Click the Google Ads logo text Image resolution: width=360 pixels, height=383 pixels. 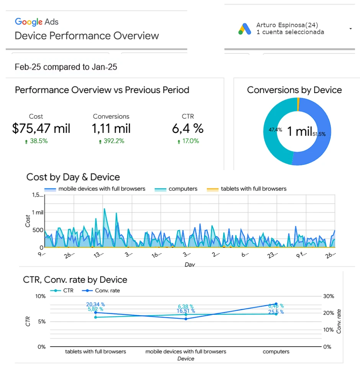click(37, 21)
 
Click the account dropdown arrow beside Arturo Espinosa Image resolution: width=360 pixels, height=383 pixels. click(350, 29)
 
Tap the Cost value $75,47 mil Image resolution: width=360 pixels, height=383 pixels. click(41, 129)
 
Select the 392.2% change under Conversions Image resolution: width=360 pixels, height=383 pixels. click(111, 141)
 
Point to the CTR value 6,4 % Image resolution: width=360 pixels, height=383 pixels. click(188, 129)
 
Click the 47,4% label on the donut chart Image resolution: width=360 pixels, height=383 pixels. click(275, 130)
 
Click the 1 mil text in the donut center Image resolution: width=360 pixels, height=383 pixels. click(299, 131)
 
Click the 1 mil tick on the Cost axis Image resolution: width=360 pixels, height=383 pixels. click(38, 212)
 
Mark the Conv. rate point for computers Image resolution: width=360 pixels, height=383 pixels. click(276, 304)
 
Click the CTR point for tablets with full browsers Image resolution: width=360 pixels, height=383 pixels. click(95, 317)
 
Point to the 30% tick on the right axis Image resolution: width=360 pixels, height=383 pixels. click(329, 296)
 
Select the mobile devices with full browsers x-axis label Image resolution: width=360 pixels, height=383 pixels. click(186, 352)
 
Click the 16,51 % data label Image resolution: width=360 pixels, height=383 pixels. click(186, 311)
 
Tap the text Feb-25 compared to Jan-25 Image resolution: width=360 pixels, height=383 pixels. click(66, 67)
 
